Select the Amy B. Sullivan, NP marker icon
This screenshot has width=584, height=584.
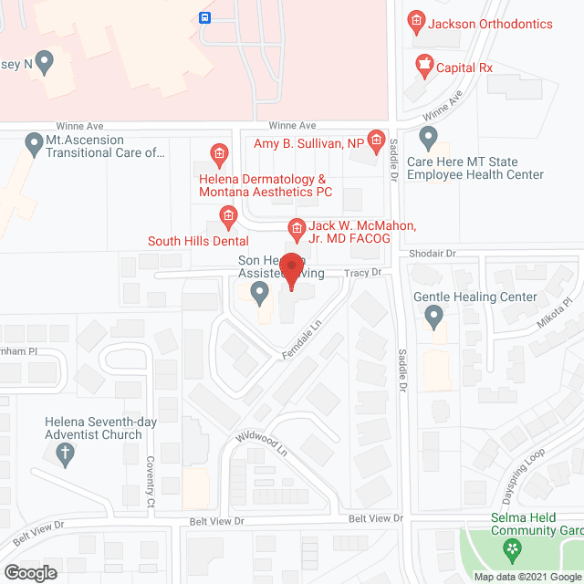(373, 137)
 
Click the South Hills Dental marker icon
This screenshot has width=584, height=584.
(228, 215)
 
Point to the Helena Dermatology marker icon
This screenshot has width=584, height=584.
(219, 152)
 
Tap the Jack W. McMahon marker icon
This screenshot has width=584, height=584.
(296, 228)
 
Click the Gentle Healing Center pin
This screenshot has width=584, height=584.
(433, 316)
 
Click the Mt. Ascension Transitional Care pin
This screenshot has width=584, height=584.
(34, 142)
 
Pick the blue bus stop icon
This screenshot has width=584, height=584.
(206, 16)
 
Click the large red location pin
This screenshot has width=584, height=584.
(291, 271)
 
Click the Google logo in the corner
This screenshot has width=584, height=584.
(29, 572)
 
